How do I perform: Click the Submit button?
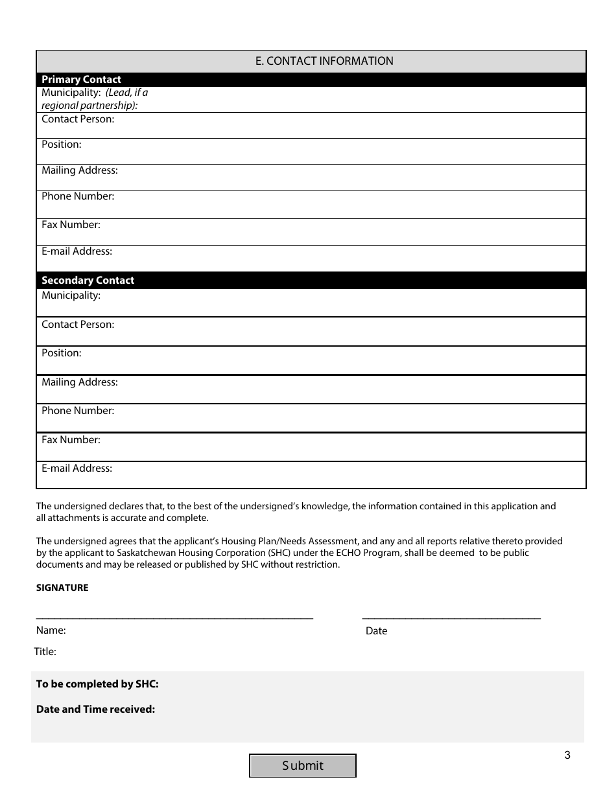303,765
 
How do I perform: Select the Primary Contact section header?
81,80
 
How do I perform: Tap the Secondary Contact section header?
88,281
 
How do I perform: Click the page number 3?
567,755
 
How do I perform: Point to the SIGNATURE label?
62,588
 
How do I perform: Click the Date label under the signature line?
376,631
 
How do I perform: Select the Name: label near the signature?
51,630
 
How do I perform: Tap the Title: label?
45,652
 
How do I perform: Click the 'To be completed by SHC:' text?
97,684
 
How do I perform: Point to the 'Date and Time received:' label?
95,709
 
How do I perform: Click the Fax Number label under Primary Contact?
71,225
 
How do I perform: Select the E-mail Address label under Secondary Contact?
77,468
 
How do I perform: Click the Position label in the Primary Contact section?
62,144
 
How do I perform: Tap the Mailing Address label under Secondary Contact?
80,382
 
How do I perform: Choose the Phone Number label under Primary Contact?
78,196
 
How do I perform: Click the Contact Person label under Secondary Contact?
78,325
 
